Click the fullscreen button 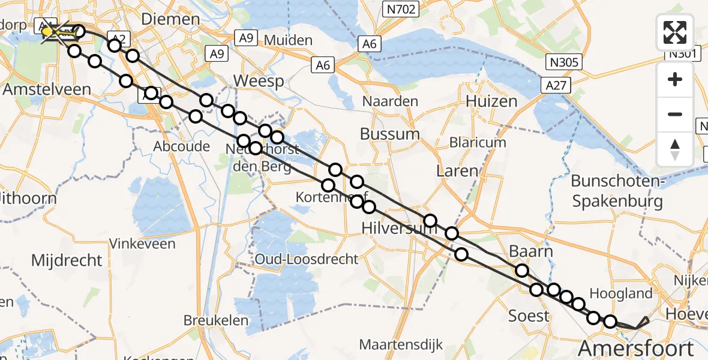(675, 32)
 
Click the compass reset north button (675, 149)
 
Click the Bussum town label (389, 133)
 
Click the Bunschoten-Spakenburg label (617, 191)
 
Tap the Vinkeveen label (142, 244)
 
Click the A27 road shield (556, 86)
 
